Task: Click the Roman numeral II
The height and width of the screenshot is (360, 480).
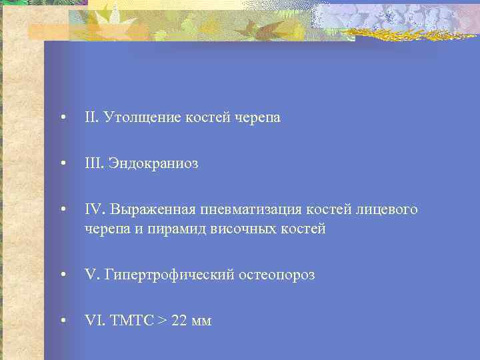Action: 91,117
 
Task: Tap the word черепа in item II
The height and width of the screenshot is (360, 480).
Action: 257,118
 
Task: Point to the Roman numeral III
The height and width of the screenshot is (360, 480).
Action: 93,163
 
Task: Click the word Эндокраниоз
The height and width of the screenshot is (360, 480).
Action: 153,164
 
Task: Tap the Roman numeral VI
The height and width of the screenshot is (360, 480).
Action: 92,321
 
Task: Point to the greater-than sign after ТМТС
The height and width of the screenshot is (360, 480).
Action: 161,321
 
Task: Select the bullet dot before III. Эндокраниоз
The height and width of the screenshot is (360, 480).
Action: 62,164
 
